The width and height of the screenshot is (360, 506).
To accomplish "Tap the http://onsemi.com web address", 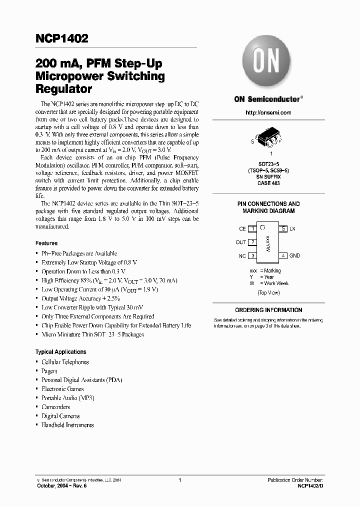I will coord(268,112).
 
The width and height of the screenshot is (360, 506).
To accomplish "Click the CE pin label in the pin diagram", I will coord(242,228).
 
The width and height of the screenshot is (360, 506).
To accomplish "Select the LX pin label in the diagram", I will coord(292,228).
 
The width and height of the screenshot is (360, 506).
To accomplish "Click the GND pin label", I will coord(294,255).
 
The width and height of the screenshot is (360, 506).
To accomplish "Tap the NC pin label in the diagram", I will coord(242,255).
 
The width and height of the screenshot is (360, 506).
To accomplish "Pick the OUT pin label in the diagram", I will coord(240,242).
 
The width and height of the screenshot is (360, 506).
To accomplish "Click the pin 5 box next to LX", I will coord(283,228).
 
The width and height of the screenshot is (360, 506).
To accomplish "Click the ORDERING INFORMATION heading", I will coord(268,310).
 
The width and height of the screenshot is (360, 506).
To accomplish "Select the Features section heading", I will coord(46,243).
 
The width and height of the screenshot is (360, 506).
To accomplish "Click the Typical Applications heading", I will coord(60,351).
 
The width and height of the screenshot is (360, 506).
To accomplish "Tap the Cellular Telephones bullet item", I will coord(65,362).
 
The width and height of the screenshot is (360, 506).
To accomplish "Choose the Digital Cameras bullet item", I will coord(60,416).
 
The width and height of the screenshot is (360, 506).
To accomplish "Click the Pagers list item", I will coord(49,371).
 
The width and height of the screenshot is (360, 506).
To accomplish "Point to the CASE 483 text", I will coord(268,183).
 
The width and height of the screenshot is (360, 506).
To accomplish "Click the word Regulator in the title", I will coord(63,89).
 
